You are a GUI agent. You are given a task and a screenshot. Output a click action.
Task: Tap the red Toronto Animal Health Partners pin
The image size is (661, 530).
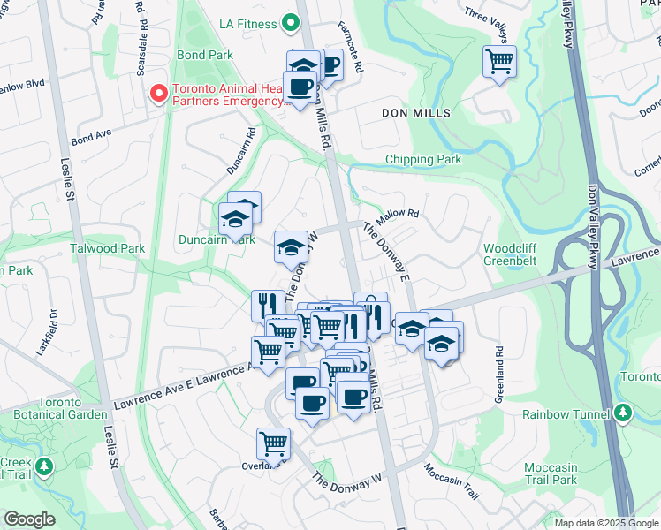pyautogui.click(x=159, y=93)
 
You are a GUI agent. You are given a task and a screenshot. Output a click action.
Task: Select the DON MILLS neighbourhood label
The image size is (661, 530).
pyautogui.click(x=416, y=113)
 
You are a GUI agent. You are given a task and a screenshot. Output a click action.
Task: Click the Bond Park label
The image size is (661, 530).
pyautogui.click(x=204, y=55)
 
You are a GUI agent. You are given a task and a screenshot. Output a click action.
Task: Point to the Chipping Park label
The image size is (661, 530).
pyautogui.click(x=423, y=160)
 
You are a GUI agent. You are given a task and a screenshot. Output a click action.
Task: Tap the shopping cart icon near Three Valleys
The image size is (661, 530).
pyautogui.click(x=499, y=62)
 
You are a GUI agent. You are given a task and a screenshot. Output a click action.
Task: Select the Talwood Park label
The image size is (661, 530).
pyautogui.click(x=108, y=249)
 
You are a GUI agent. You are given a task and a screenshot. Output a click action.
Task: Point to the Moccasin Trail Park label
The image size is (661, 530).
pyautogui.click(x=550, y=473)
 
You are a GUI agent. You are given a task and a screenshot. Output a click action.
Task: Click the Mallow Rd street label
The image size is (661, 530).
pyautogui.click(x=396, y=216)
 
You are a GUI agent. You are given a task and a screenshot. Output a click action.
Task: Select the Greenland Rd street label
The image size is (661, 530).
pyautogui.click(x=499, y=362)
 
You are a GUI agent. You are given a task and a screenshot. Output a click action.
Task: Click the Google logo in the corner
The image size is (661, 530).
pyautogui.click(x=29, y=519)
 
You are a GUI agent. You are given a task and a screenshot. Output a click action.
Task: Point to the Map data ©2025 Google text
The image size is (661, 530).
pyautogui.click(x=605, y=523)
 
